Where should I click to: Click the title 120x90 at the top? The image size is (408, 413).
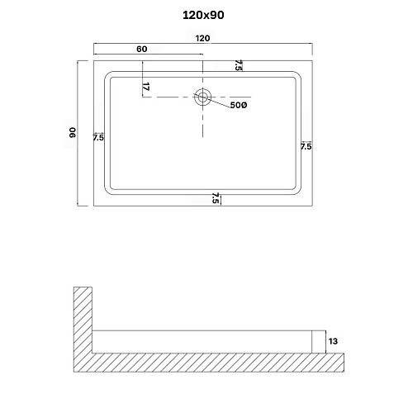[204, 14]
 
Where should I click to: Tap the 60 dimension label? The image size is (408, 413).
[142, 50]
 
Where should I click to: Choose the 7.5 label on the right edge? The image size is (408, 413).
[306, 146]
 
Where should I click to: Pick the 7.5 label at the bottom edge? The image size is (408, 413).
[216, 197]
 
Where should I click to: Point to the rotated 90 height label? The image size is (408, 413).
[72, 132]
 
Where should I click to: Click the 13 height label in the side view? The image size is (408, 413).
[332, 339]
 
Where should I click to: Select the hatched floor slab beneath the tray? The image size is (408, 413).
[215, 361]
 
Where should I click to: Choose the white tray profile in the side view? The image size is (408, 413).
[202, 339]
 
